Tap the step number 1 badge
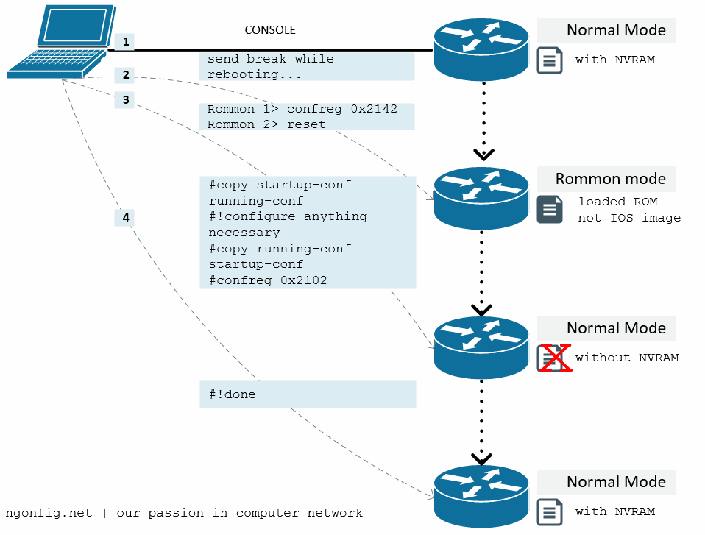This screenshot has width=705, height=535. click(126, 42)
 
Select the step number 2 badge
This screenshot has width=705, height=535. click(126, 75)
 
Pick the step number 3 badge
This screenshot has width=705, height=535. click(126, 100)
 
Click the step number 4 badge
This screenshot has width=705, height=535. click(126, 218)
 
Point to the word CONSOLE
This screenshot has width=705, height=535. click(270, 30)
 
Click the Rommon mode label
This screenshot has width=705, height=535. click(610, 179)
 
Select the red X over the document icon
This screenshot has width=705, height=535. click(554, 358)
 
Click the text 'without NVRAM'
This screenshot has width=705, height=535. click(626, 358)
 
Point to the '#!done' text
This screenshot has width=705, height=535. click(232, 394)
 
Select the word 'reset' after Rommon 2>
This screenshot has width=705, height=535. click(306, 124)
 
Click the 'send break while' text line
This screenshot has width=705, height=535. click(270, 59)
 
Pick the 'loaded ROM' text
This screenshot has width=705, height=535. click(617, 202)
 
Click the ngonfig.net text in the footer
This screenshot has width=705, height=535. click(49, 513)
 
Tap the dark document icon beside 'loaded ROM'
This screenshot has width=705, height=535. click(550, 209)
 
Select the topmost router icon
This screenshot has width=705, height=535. click(481, 49)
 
